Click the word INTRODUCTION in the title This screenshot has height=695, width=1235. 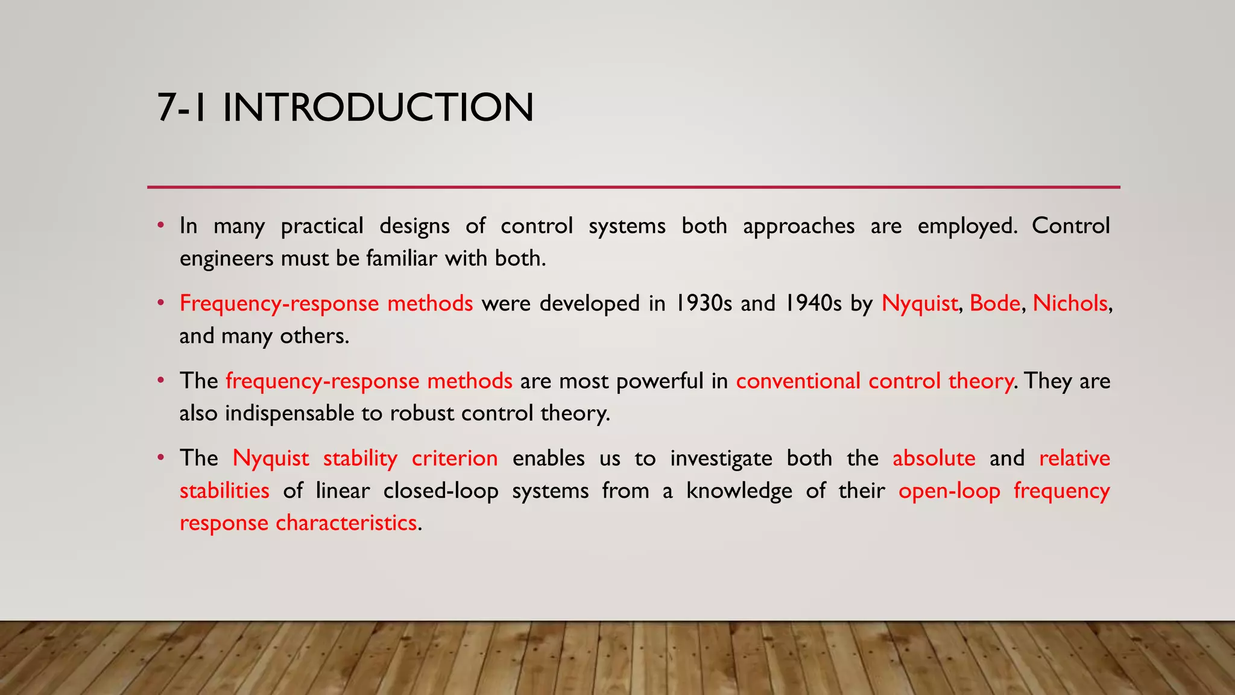click(378, 107)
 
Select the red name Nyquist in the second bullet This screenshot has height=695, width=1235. click(919, 303)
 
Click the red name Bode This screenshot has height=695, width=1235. click(994, 303)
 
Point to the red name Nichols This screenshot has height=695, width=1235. click(1070, 303)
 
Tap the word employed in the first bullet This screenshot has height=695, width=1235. click(967, 226)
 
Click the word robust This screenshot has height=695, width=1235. click(422, 413)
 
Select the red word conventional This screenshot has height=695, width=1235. click(798, 381)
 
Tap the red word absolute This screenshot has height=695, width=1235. click(933, 459)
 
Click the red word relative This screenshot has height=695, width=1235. click(1074, 459)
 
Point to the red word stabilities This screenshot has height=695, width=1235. click(224, 490)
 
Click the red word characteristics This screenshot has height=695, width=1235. click(346, 522)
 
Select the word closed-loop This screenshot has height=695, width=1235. click(441, 490)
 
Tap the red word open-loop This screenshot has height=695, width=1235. click(949, 490)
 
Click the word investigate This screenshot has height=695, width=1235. click(721, 459)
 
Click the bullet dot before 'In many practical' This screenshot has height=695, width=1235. click(160, 226)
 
